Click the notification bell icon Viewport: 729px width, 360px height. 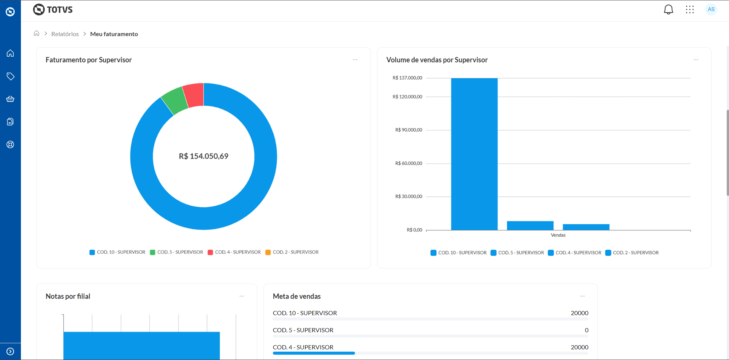click(x=668, y=10)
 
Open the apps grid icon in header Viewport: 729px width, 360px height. click(x=689, y=10)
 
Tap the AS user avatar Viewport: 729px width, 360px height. click(x=711, y=10)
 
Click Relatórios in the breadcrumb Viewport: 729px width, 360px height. click(x=65, y=34)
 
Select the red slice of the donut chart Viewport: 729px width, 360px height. click(x=194, y=95)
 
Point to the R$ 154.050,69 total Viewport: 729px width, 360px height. click(x=204, y=156)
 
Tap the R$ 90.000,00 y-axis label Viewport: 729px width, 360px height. click(x=409, y=130)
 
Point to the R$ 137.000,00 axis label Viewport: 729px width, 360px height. click(x=407, y=78)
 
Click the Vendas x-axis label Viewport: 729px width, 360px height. click(x=558, y=235)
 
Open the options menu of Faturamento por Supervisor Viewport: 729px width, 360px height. click(x=355, y=60)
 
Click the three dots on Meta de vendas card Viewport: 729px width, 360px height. click(x=582, y=296)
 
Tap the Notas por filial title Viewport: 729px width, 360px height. click(x=68, y=297)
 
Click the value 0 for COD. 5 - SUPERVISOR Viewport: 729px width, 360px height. click(x=586, y=330)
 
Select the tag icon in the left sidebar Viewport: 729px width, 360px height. click(x=10, y=76)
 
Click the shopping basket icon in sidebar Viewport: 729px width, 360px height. click(x=10, y=99)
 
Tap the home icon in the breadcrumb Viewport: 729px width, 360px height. click(x=36, y=33)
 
